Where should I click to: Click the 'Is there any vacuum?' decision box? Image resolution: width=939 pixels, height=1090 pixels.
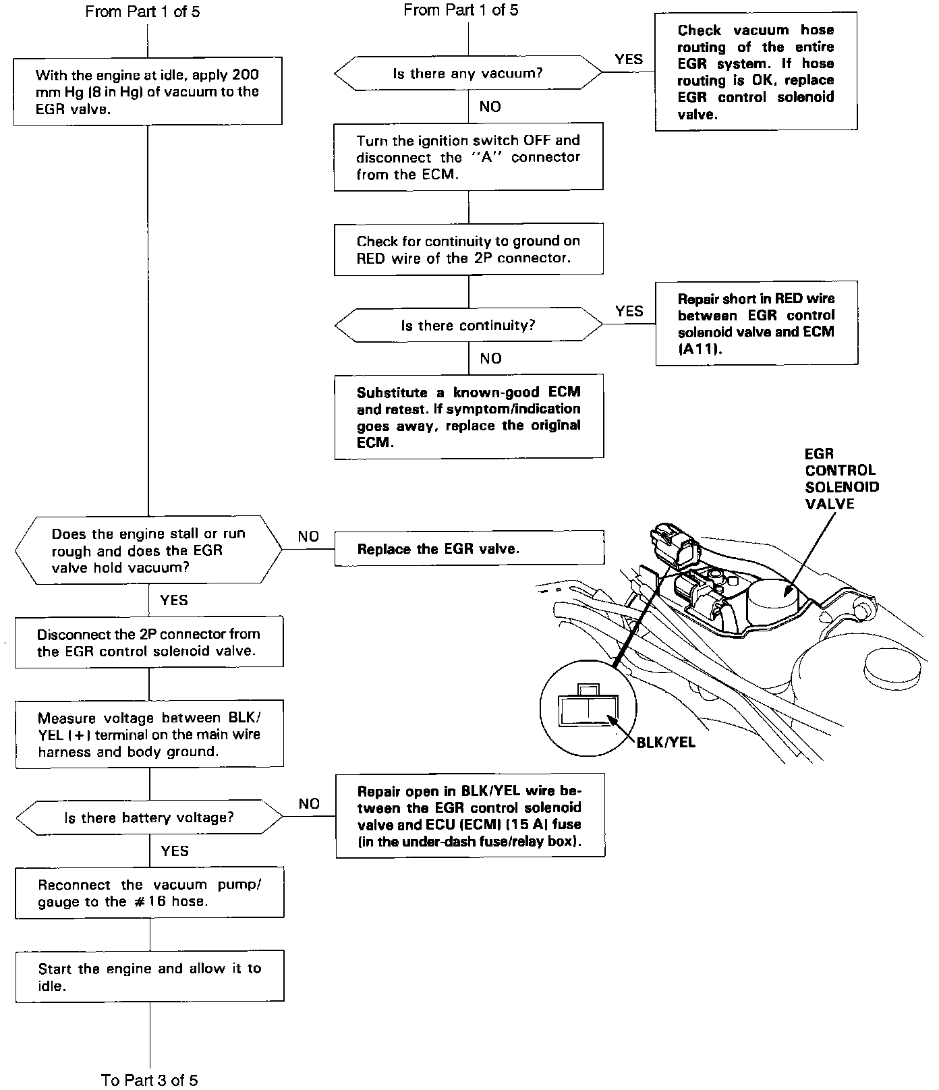(468, 74)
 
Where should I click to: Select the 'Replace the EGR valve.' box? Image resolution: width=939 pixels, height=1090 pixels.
(469, 548)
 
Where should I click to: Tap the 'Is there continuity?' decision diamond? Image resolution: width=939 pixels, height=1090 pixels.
(468, 326)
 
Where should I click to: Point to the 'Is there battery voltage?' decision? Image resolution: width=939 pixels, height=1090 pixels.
(149, 818)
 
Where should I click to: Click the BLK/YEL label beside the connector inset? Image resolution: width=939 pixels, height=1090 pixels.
(666, 743)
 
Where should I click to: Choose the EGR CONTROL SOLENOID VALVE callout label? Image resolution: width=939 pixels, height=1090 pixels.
(841, 479)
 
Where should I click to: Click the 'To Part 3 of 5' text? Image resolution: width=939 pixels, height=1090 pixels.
(150, 1080)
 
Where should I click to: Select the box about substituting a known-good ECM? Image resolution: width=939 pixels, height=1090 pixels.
(469, 417)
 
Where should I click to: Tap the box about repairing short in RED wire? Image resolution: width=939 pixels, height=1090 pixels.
(756, 324)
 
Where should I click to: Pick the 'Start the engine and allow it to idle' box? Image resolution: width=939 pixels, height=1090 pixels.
(150, 976)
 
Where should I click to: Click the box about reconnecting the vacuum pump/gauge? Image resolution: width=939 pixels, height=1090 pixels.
(150, 893)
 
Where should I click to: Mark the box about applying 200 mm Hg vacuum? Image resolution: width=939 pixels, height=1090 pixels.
(148, 92)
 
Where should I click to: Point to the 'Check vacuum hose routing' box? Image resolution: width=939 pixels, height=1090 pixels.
(756, 71)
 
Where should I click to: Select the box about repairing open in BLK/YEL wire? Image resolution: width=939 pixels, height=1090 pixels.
(470, 815)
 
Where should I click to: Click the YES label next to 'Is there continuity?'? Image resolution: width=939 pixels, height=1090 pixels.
(629, 311)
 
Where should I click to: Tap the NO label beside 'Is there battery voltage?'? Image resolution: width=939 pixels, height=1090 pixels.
(309, 803)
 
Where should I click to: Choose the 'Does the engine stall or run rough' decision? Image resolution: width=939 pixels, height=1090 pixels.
(149, 550)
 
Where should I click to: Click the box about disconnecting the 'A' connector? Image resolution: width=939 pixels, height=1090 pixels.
(468, 157)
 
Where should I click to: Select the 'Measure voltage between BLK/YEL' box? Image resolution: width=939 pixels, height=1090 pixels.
(149, 735)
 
